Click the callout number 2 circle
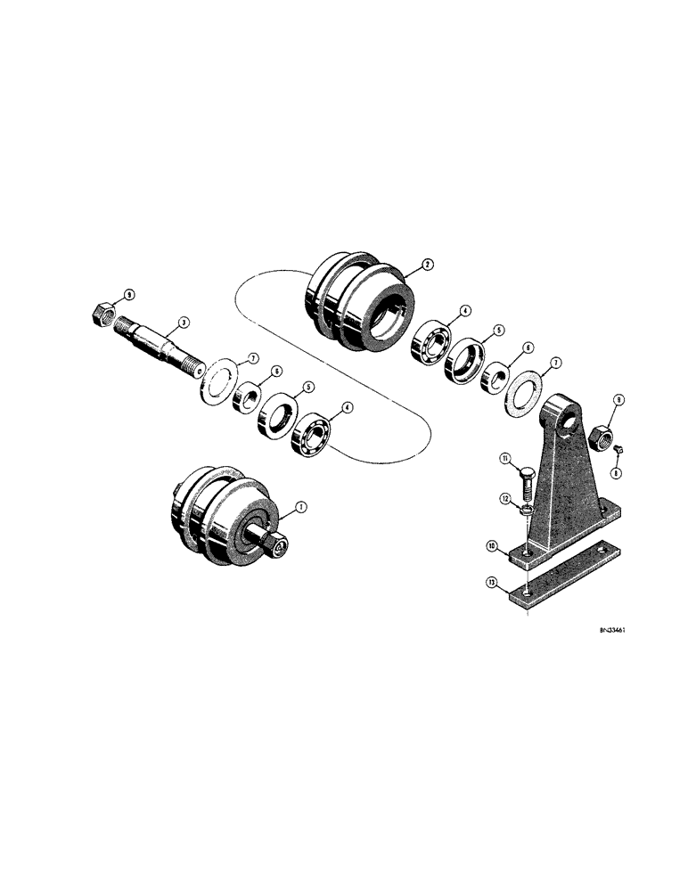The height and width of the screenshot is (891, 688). pyautogui.click(x=428, y=265)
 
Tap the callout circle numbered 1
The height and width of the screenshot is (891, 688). pyautogui.click(x=301, y=507)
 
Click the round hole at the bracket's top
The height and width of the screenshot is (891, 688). pyautogui.click(x=560, y=414)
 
